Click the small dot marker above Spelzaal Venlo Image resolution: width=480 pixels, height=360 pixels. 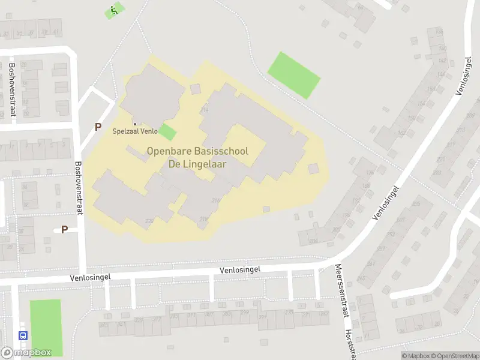click(134, 124)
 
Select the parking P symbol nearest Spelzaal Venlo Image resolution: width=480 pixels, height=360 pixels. click(98, 127)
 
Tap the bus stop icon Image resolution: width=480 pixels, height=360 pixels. click(23, 336)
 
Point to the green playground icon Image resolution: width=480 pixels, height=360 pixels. click(113, 10)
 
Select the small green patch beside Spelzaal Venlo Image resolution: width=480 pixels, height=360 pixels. click(168, 132)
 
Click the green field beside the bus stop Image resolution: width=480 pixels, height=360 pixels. click(46, 327)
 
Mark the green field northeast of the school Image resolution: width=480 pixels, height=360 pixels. click(293, 75)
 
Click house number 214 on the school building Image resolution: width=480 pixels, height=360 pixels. click(204, 110)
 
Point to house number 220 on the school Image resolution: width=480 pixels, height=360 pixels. click(149, 221)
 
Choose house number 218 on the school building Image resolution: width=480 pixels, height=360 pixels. click(203, 220)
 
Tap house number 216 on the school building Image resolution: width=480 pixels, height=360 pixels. click(215, 201)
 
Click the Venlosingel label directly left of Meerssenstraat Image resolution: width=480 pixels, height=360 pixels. click(241, 270)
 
